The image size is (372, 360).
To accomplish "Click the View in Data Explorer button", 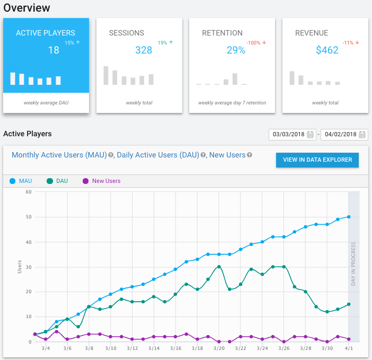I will pyautogui.click(x=317, y=160).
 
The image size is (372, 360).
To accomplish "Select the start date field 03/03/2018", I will pyautogui.click(x=288, y=135).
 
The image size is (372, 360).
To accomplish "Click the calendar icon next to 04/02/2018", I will pyautogui.click(x=362, y=135).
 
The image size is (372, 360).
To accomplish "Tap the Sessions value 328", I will pyautogui.click(x=144, y=50).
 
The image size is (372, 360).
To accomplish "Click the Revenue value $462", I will pyautogui.click(x=327, y=50).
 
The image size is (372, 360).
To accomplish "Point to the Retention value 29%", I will pyautogui.click(x=236, y=50).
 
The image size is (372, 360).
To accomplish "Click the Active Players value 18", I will pyautogui.click(x=54, y=50).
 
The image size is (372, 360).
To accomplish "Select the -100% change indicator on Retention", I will pyautogui.click(x=254, y=42).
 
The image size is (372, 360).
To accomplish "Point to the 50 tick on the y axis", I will pyautogui.click(x=29, y=217).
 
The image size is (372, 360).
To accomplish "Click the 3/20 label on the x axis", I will pyautogui.click(x=218, y=348).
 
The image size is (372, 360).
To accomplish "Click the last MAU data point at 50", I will pyautogui.click(x=349, y=216).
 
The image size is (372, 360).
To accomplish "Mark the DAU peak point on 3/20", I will pyautogui.click(x=219, y=267).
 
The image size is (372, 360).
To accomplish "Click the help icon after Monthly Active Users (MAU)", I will pyautogui.click(x=111, y=155).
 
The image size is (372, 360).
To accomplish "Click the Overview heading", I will pyautogui.click(x=27, y=8).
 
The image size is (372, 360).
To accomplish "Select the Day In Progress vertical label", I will pyautogui.click(x=353, y=266).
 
